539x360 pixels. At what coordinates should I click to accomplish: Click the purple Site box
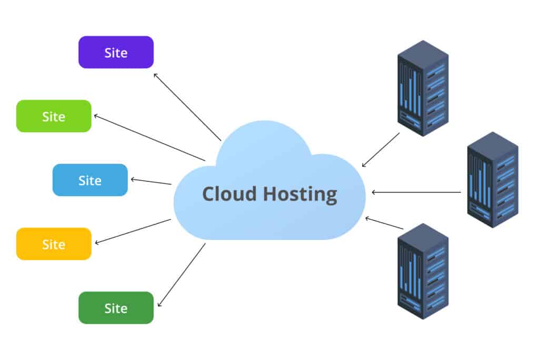click(x=116, y=52)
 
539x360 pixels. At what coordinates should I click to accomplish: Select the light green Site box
click(x=54, y=116)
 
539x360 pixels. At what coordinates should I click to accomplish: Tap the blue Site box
click(x=90, y=180)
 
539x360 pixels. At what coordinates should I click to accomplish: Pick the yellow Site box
click(x=54, y=244)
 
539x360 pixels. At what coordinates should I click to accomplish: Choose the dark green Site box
click(x=116, y=308)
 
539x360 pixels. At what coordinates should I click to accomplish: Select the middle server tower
click(x=493, y=179)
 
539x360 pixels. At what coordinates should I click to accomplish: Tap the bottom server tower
click(x=423, y=271)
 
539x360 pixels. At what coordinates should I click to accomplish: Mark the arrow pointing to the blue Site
click(x=151, y=182)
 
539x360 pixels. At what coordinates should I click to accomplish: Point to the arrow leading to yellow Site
click(x=133, y=232)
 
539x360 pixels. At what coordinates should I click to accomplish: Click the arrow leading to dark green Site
click(x=182, y=275)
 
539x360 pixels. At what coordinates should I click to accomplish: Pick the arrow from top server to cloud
click(x=381, y=150)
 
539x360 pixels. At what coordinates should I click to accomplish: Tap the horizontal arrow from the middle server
click(x=416, y=192)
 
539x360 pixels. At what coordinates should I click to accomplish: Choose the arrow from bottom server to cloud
click(x=384, y=223)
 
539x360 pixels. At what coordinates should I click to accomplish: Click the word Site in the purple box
click(x=116, y=53)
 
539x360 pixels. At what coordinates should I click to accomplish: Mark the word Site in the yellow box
click(x=54, y=244)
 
